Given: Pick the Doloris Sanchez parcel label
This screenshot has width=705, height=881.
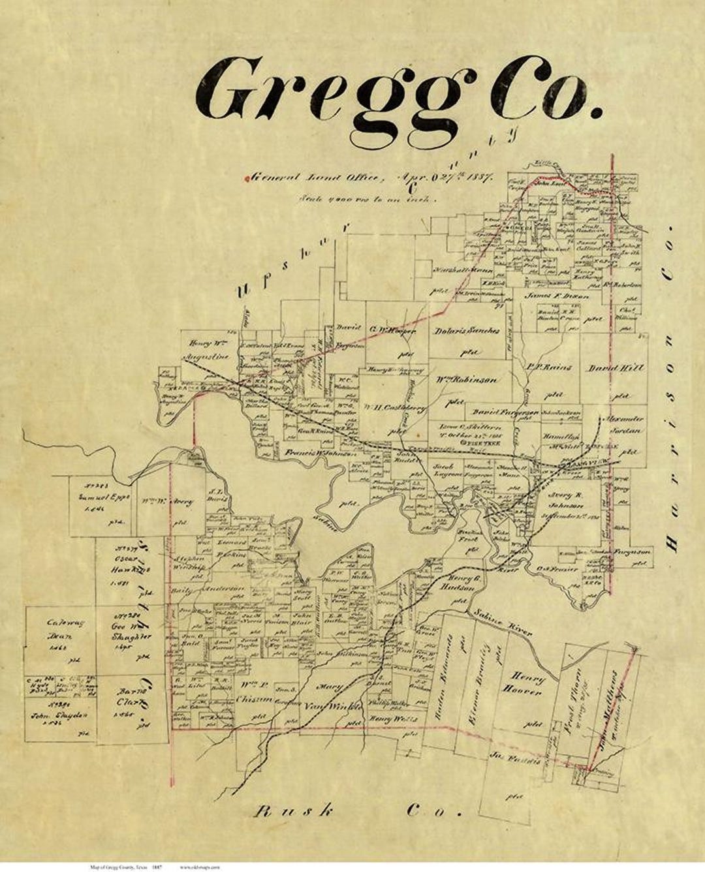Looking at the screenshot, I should [x=467, y=331].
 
